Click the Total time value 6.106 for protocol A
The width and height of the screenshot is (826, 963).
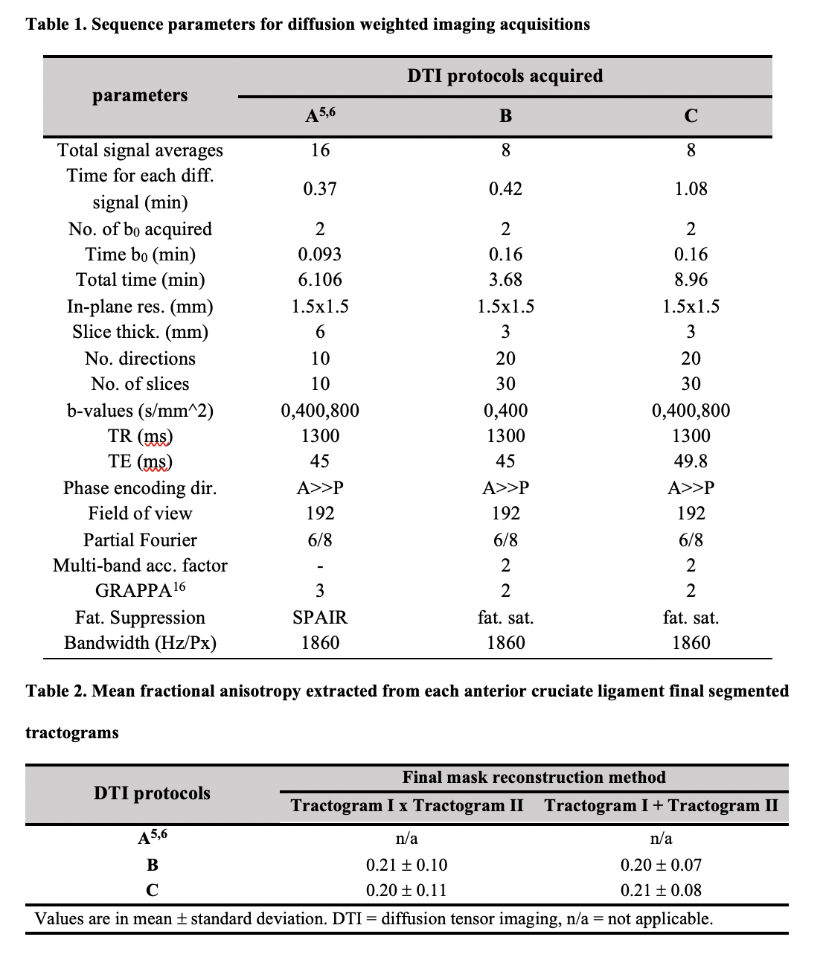coord(320,280)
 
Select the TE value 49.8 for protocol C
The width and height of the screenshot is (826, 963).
coord(691,461)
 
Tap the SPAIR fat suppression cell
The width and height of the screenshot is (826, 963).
coord(320,618)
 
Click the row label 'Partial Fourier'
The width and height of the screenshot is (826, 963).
coord(140,540)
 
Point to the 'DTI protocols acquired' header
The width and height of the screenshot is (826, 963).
coord(505,76)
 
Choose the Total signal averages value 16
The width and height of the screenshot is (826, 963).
coord(320,150)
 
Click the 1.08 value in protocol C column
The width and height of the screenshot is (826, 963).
coord(691,189)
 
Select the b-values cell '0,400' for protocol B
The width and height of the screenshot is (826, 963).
coord(505,411)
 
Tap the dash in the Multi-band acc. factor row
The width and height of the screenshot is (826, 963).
coord(320,566)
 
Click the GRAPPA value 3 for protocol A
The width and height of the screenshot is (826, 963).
coord(320,591)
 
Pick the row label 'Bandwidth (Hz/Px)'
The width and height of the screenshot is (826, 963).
coord(140,643)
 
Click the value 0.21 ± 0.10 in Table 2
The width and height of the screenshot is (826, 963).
coord(406,865)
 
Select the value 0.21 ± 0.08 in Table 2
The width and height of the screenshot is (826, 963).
coord(661,890)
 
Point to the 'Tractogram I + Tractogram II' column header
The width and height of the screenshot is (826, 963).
coord(661,805)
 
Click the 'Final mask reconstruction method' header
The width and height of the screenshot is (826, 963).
coord(534,778)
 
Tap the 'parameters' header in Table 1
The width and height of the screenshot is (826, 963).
coord(140,95)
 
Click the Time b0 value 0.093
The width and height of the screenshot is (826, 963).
coord(320,255)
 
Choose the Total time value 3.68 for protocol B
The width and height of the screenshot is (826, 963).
coord(505,280)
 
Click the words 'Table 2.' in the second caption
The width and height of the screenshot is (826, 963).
coord(57,691)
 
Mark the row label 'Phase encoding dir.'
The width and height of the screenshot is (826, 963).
coord(140,488)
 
